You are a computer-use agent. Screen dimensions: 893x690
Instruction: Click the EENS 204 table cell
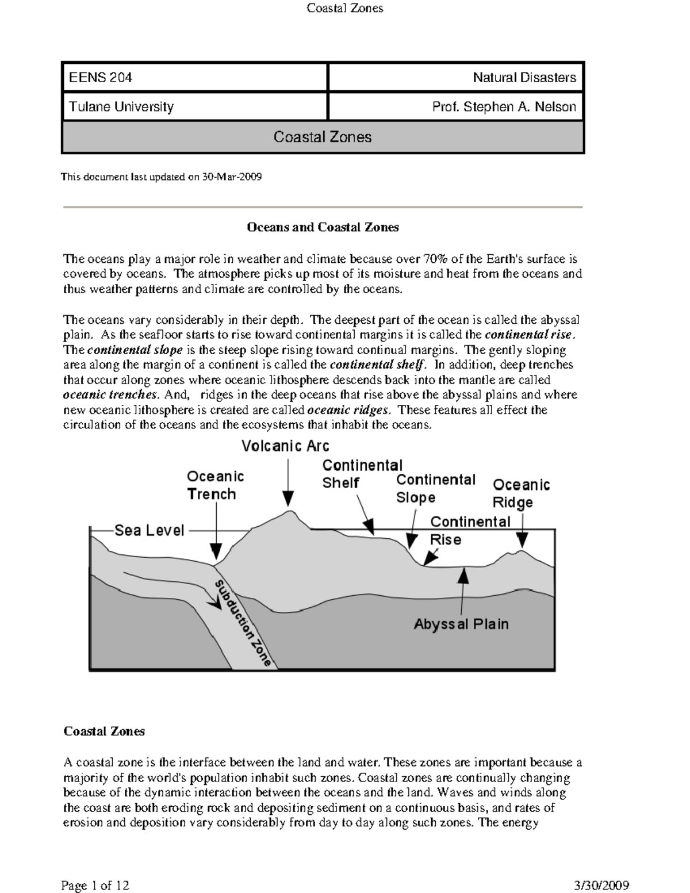194,78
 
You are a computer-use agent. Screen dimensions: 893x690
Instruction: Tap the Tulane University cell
194,107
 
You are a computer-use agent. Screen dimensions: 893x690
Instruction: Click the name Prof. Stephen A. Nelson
504,107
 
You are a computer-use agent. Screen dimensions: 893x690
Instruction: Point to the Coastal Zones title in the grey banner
323,137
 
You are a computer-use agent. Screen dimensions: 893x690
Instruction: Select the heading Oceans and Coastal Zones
323,227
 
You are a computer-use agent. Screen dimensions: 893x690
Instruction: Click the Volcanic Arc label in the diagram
285,446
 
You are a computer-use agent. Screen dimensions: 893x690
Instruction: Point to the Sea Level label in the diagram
149,530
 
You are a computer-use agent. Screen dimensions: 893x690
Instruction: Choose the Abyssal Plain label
461,624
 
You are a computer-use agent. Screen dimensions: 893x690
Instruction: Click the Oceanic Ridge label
521,493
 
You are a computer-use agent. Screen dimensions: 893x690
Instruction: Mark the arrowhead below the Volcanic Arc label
288,499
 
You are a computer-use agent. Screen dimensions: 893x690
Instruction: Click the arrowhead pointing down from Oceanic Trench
216,551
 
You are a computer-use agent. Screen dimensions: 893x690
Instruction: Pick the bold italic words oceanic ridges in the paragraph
349,410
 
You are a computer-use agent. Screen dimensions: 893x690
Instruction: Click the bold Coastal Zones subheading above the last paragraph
104,731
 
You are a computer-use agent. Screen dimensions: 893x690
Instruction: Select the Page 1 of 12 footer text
95,885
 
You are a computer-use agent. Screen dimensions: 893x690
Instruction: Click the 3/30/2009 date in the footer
601,885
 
